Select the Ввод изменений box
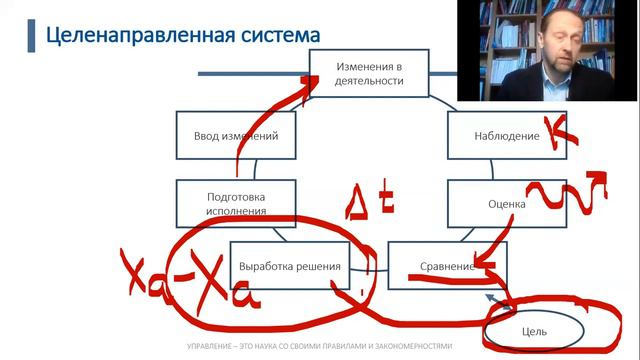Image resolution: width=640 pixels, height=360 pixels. pyautogui.click(x=236, y=136)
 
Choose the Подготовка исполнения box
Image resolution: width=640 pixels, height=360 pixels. pyautogui.click(x=236, y=203)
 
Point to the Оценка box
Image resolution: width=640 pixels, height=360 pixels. pyautogui.click(x=500, y=203)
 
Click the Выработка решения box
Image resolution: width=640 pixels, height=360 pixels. pyautogui.click(x=291, y=266)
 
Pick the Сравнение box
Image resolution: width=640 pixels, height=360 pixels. pyautogui.click(x=445, y=266)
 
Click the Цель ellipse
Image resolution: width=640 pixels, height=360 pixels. pyautogui.click(x=534, y=328)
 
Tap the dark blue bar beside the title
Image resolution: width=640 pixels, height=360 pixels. pyautogui.click(x=29, y=36)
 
